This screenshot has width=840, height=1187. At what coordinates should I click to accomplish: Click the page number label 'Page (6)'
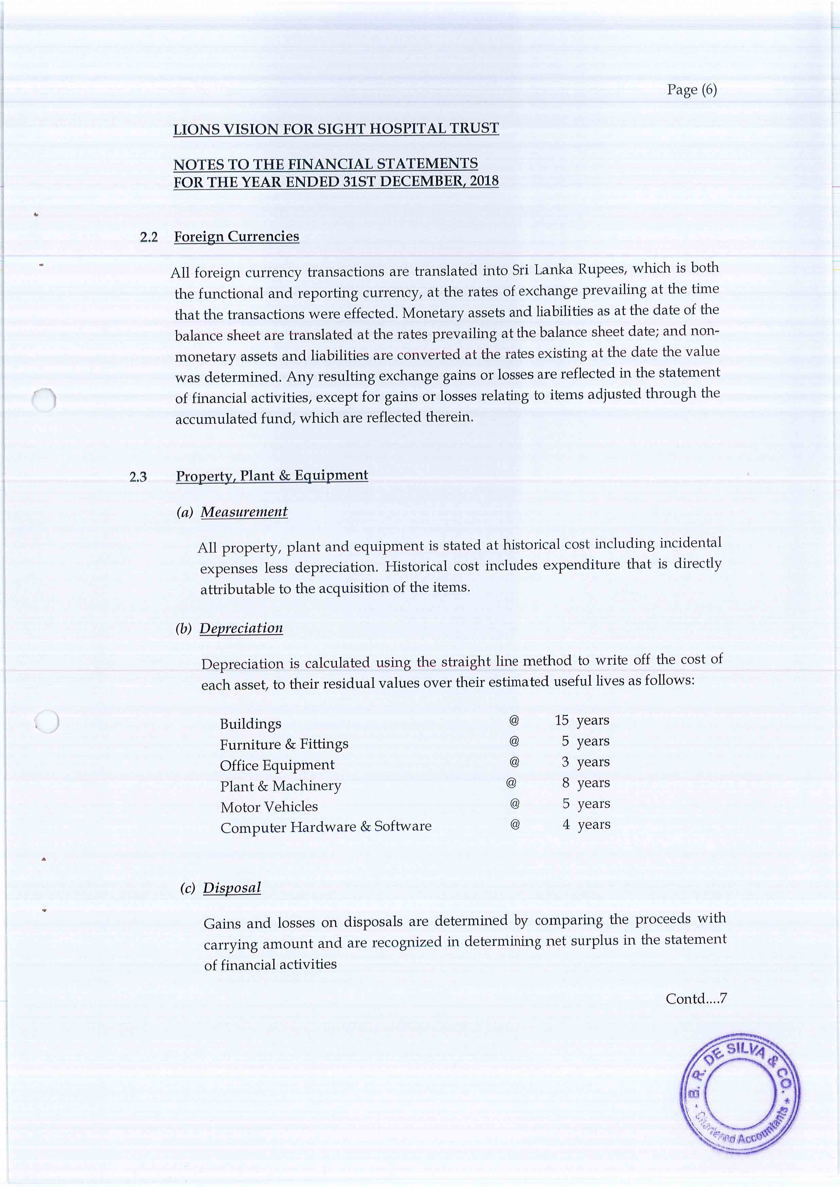pos(692,90)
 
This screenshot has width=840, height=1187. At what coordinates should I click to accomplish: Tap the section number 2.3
pos(138,477)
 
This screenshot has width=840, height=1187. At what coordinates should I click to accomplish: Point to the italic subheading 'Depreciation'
pos(241,628)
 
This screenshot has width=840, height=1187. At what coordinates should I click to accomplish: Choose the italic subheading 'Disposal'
pos(232,888)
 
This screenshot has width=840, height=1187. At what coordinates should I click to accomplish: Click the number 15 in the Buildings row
pos(562,720)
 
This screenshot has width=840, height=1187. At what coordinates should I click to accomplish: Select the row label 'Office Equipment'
pos(277,765)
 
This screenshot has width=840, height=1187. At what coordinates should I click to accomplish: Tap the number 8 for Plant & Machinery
pos(566,783)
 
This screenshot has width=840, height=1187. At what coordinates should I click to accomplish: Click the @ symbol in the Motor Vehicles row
pos(515,803)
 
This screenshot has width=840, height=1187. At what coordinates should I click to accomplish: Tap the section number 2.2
pos(148,237)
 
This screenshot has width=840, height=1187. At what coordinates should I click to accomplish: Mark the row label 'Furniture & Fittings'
pos(284,744)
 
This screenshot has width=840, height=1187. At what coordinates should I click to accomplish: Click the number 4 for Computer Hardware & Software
pos(566,824)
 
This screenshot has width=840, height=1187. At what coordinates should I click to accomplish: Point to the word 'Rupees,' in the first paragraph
pos(601,270)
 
